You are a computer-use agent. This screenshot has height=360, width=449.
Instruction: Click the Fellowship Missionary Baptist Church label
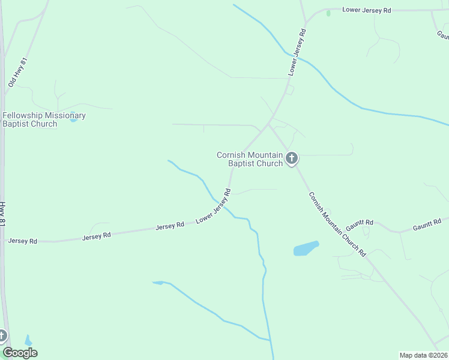pyautogui.click(x=44, y=119)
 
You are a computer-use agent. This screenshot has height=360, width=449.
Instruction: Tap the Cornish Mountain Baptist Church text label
pyautogui.click(x=249, y=159)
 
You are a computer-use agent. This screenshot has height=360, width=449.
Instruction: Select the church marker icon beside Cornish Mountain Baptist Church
pyautogui.click(x=292, y=159)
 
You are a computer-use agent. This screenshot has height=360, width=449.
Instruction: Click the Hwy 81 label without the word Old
pyautogui.click(x=3, y=214)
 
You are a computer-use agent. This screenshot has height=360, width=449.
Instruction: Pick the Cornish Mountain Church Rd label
pyautogui.click(x=337, y=224)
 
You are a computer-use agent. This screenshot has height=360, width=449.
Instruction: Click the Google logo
pyautogui.click(x=20, y=353)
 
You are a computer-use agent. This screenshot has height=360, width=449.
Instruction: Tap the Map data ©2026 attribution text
pyautogui.click(x=423, y=355)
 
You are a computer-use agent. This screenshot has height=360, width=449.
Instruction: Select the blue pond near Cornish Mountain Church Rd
pyautogui.click(x=306, y=248)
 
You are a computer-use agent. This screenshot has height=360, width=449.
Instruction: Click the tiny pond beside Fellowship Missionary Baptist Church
pyautogui.click(x=73, y=120)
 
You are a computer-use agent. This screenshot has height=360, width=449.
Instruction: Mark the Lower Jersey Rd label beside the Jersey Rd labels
pyautogui.click(x=213, y=207)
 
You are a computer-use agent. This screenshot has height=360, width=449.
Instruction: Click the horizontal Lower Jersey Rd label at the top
pyautogui.click(x=366, y=10)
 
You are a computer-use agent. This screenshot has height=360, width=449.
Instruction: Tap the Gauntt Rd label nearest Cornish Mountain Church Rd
pyautogui.click(x=360, y=225)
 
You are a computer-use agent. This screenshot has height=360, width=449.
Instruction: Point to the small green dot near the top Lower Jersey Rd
pyautogui.click(x=328, y=13)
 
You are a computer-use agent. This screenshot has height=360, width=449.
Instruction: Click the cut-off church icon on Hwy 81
pyautogui.click(x=2, y=336)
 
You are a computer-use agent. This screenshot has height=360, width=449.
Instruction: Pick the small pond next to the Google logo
pyautogui.click(x=28, y=341)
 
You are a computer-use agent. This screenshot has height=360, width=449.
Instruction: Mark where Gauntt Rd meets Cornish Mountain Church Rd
pyautogui.click(x=344, y=231)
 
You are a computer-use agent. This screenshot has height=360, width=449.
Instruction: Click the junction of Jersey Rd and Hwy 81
pyautogui.click(x=5, y=241)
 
